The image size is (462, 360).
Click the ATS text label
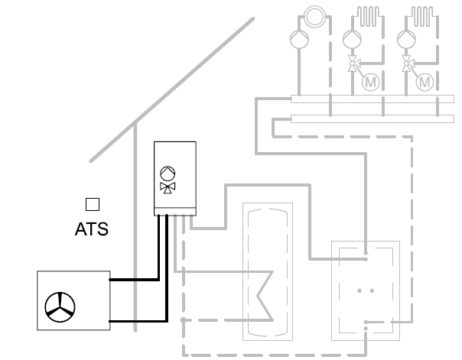tap(91, 229)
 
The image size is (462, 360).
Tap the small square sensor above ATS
tap(92, 204)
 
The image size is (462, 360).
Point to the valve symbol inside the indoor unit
tap(167, 186)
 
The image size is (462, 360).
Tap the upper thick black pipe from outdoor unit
tap(138, 280)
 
